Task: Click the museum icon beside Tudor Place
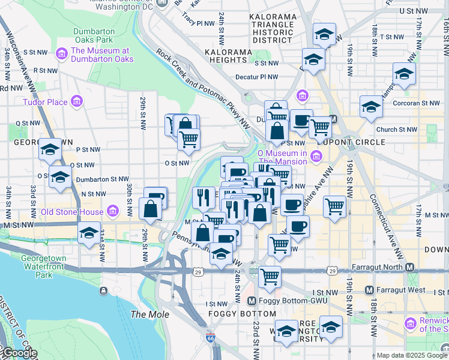[x=76, y=102]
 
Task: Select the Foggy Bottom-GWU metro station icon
[x=252, y=301]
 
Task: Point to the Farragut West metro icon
[x=369, y=290]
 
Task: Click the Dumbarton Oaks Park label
[x=93, y=36]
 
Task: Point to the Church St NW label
[x=396, y=129]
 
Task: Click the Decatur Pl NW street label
[x=257, y=77]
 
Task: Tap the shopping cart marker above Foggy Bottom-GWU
[x=270, y=277]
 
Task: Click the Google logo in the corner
[x=19, y=353]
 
